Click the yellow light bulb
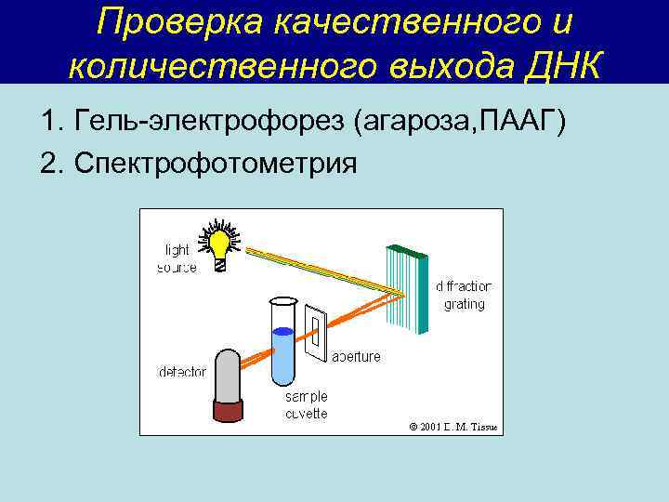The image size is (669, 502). click(x=220, y=244)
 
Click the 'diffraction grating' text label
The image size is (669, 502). click(x=464, y=295)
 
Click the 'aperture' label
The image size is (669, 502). click(x=356, y=355)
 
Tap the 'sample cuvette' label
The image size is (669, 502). click(x=307, y=404)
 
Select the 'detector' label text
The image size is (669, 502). click(x=182, y=372)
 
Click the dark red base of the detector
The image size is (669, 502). click(x=227, y=410)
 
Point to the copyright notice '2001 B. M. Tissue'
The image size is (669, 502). click(x=453, y=427)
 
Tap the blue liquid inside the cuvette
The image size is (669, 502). click(x=282, y=358)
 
